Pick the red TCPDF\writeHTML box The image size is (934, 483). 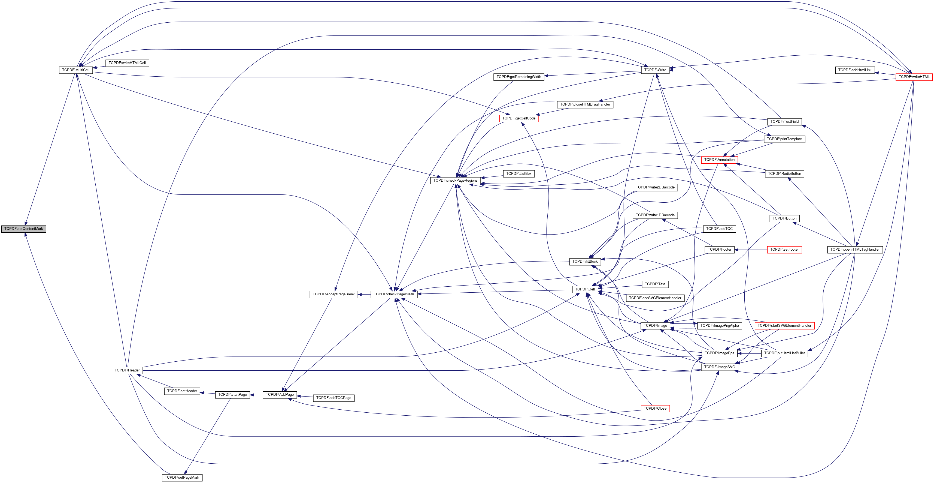(914, 77)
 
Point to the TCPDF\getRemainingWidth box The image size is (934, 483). (518, 77)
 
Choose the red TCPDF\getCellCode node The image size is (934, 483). (518, 118)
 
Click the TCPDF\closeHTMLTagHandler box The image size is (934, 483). (585, 104)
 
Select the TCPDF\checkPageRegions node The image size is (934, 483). (455, 180)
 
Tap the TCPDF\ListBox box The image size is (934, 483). (518, 174)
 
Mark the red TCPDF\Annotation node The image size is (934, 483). (719, 160)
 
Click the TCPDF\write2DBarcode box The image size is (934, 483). (655, 188)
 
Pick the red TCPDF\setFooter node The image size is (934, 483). (784, 250)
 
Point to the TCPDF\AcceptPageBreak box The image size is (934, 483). (333, 294)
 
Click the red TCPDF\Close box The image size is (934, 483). (655, 409)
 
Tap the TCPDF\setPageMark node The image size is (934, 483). (182, 478)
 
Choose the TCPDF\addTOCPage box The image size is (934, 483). (333, 398)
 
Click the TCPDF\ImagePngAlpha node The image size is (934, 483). (719, 326)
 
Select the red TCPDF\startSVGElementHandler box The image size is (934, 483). (784, 326)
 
